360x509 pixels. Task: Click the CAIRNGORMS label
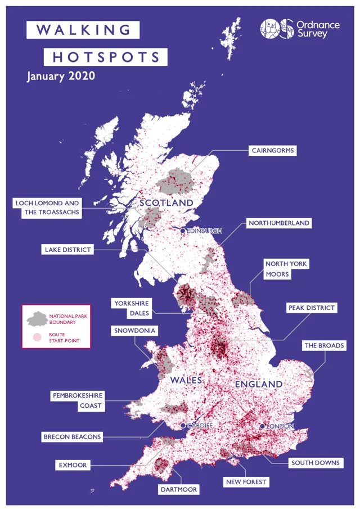(x=273, y=151)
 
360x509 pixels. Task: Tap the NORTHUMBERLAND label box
(x=279, y=223)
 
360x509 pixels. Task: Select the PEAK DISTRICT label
(x=311, y=308)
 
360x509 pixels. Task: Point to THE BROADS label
(x=323, y=345)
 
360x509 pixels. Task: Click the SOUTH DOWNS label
(x=315, y=463)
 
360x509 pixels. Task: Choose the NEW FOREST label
(x=246, y=482)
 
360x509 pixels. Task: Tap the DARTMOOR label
(x=179, y=490)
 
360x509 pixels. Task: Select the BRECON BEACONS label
(x=72, y=436)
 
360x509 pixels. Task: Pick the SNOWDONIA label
(x=134, y=331)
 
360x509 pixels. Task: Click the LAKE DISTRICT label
(x=67, y=250)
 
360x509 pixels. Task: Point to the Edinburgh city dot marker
(x=183, y=231)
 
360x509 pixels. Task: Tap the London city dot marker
(x=262, y=426)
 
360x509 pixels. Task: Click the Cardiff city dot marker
(x=183, y=426)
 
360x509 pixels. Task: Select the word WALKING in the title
(x=83, y=30)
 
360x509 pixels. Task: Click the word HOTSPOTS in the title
(x=106, y=57)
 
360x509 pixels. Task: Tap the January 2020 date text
(x=61, y=76)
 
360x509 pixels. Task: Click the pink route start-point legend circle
(x=37, y=337)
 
